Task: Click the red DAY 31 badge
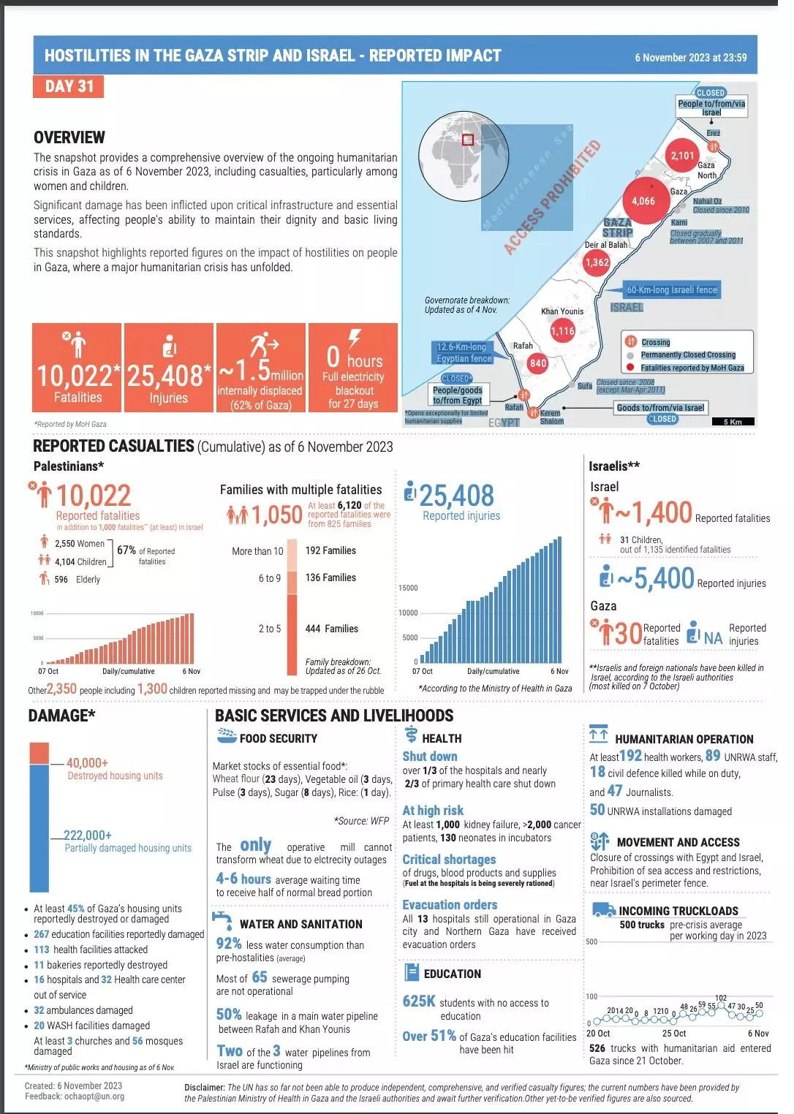tap(69, 86)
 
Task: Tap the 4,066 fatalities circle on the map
tap(643, 201)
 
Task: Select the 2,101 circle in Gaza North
tap(682, 156)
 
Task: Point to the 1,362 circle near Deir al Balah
tap(597, 262)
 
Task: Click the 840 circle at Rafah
tap(538, 363)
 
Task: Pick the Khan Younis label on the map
tap(562, 311)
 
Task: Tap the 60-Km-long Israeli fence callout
tap(671, 290)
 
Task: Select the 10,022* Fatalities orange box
tap(77, 368)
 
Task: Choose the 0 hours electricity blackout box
tap(353, 368)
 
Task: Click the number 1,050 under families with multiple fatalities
tap(276, 515)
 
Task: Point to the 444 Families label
tap(332, 629)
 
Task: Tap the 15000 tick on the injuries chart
tap(408, 588)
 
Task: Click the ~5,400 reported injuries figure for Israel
tap(656, 579)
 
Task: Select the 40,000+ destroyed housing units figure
tap(87, 763)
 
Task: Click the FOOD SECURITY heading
tap(278, 739)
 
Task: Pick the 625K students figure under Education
tap(419, 1001)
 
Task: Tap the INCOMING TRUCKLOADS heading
tap(678, 911)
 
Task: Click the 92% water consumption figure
tap(228, 944)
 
